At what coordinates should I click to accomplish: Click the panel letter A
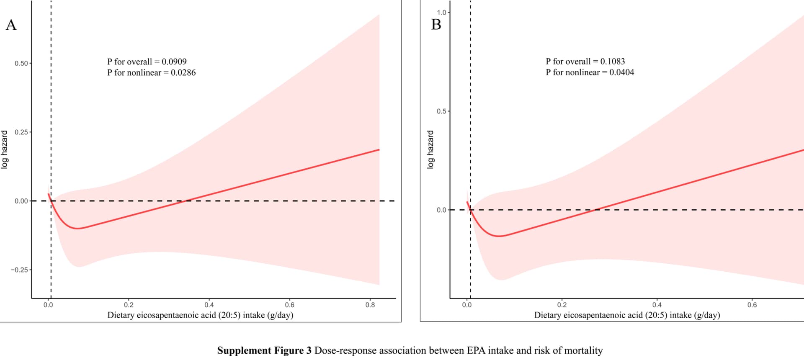click(x=11, y=25)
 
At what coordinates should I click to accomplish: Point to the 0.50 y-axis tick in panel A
click(x=21, y=63)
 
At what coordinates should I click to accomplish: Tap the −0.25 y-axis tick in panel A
click(x=20, y=270)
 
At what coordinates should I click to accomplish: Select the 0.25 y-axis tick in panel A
click(x=21, y=132)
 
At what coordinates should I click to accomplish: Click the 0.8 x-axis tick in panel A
click(x=370, y=305)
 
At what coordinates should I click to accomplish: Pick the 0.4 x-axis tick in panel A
click(x=209, y=305)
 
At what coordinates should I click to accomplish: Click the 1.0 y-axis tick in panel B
click(x=441, y=13)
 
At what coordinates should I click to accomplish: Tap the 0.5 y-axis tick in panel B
click(x=441, y=111)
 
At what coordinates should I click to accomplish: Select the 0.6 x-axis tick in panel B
click(x=752, y=305)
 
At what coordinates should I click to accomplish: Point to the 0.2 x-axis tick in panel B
click(x=562, y=305)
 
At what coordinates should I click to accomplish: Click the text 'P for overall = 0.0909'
click(x=147, y=62)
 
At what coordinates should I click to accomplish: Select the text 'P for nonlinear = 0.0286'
click(x=151, y=73)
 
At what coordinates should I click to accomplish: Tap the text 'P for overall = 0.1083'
click(x=585, y=62)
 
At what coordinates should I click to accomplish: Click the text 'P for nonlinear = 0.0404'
click(x=590, y=72)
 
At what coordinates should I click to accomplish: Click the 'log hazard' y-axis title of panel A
click(x=5, y=149)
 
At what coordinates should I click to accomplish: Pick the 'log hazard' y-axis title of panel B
click(x=430, y=149)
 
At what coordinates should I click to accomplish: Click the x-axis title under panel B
click(x=627, y=315)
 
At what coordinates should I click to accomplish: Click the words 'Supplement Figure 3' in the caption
click(x=264, y=350)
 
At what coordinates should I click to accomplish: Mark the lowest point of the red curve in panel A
click(x=77, y=229)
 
